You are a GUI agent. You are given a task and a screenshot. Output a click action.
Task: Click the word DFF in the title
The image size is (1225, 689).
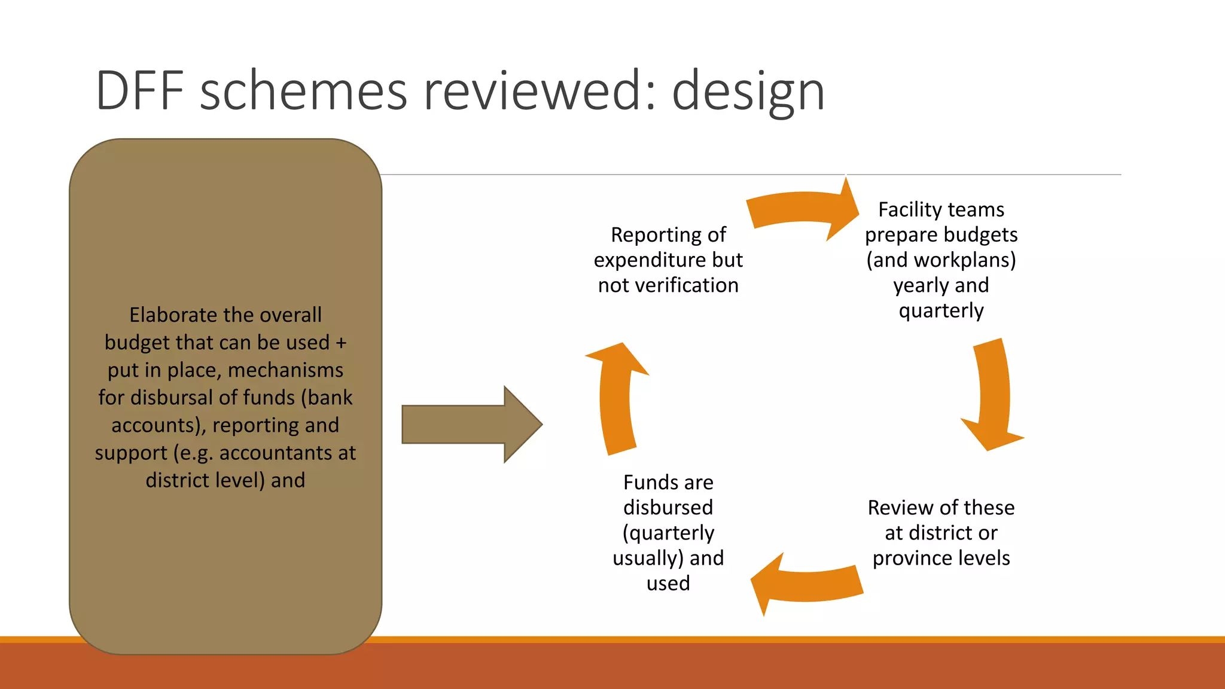(139, 91)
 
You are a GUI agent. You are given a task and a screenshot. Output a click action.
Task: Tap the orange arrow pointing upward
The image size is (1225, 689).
(616, 398)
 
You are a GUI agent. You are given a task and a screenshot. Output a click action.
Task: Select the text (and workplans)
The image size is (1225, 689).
(941, 260)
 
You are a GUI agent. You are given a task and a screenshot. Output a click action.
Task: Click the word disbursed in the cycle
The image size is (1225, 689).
(668, 508)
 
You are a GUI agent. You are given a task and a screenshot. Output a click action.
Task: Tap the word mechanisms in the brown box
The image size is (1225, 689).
(285, 370)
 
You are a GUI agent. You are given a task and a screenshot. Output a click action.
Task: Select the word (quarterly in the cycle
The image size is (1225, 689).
(668, 533)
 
